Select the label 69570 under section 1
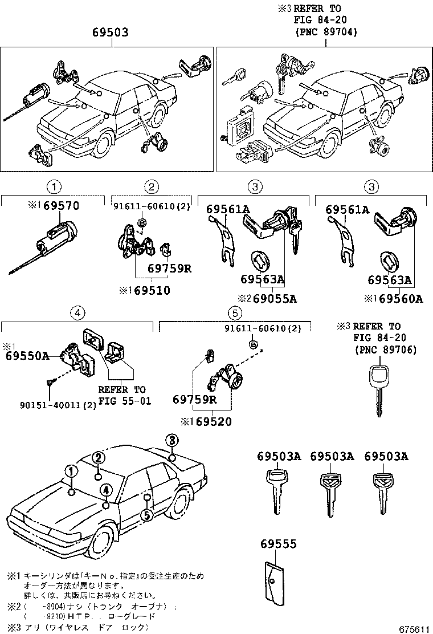click(x=57, y=206)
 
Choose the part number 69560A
click(x=401, y=298)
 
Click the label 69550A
click(x=27, y=355)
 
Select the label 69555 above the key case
click(x=279, y=544)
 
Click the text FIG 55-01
click(x=124, y=400)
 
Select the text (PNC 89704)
click(x=326, y=32)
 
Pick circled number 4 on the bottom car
click(x=105, y=489)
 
